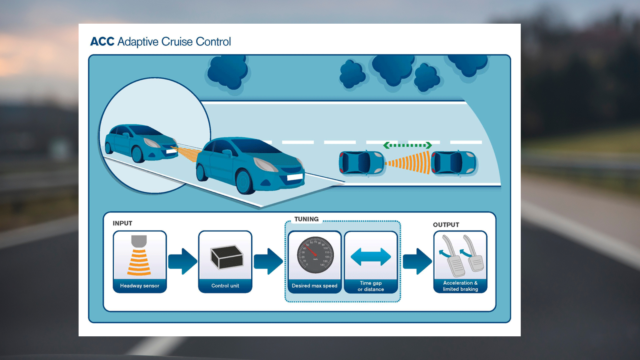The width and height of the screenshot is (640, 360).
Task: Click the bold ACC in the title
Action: pos(102,42)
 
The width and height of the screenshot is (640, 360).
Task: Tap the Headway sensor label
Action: pos(140,286)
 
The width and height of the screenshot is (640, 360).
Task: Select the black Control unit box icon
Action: pos(227,257)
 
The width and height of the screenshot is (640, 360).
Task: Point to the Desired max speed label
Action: pos(314,286)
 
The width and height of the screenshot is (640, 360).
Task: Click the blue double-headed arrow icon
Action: pos(371,257)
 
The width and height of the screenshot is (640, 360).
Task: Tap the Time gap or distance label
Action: pos(371,286)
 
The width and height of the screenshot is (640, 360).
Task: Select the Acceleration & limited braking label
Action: pos(460,286)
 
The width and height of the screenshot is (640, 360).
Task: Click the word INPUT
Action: pos(122,223)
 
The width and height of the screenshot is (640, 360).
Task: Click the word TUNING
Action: pos(306,219)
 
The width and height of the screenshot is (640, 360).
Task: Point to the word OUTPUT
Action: pos(446,225)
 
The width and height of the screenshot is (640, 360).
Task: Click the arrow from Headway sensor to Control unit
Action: pos(182,261)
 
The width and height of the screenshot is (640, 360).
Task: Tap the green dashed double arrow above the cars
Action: pos(407,145)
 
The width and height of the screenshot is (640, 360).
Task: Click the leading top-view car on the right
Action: pos(453,163)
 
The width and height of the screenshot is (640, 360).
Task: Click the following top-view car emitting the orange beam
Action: pos(361,163)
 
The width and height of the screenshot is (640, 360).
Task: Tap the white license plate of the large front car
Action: pos(295,177)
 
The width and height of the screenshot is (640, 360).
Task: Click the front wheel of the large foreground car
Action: pos(245,182)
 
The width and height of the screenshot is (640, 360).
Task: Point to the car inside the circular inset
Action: pos(140,143)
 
